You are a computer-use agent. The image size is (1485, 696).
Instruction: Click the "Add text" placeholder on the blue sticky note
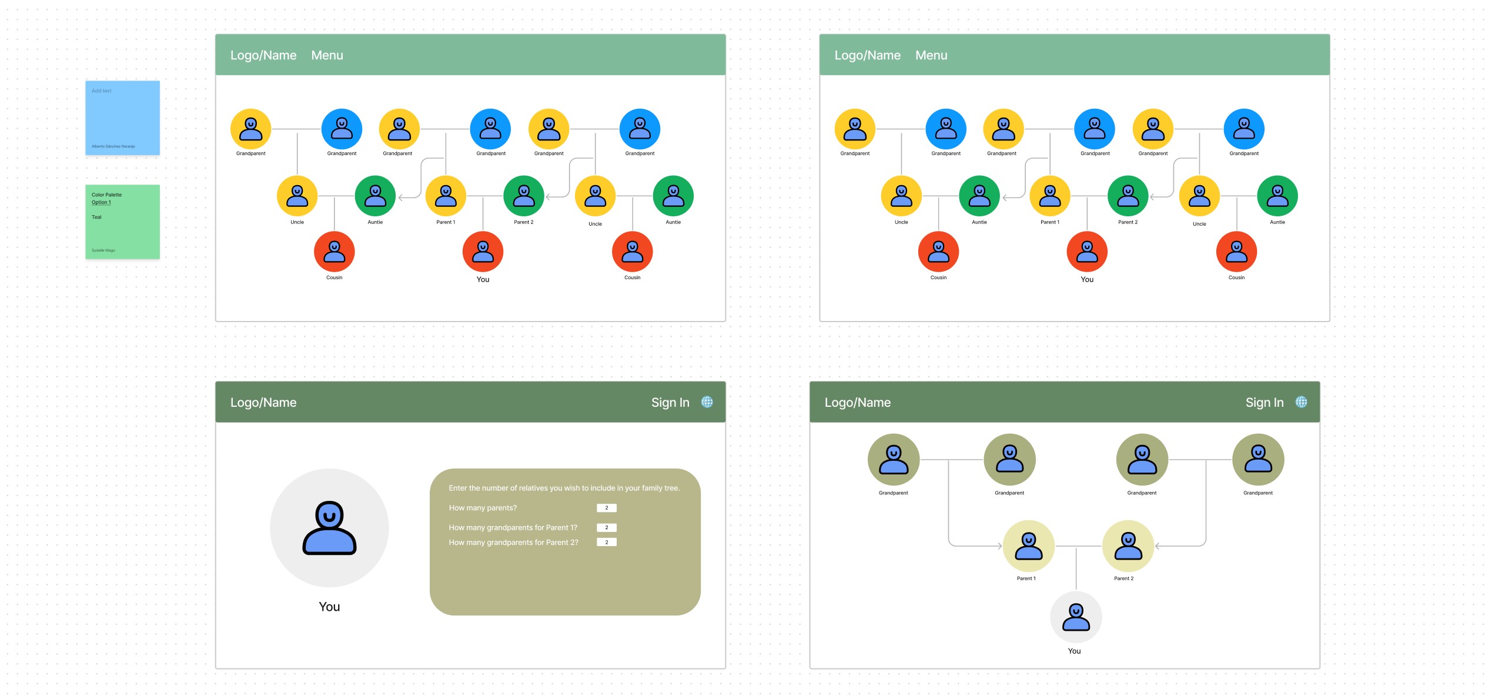coord(102,91)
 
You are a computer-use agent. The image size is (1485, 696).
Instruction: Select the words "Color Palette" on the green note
coord(106,195)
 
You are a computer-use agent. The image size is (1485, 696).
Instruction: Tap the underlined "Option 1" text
coord(101,202)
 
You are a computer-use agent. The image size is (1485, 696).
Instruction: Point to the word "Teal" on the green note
coord(96,217)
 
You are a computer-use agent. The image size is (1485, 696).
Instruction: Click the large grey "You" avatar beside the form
coord(329,527)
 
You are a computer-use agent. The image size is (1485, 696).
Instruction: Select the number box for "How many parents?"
coord(606,508)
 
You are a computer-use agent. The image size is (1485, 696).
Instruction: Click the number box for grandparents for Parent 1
coord(606,527)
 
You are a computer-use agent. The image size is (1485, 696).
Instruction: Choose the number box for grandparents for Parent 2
coord(606,542)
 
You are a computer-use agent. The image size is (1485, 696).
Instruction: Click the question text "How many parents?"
coord(483,508)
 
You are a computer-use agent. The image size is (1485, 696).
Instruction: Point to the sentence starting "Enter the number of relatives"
coord(564,488)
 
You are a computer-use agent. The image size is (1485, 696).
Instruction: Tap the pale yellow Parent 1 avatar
coord(1028,546)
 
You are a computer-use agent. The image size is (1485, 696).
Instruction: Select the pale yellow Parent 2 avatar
coord(1128,546)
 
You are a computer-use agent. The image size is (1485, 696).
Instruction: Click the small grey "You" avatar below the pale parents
coord(1076,617)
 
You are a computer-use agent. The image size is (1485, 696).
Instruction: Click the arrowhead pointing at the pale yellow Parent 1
coord(999,546)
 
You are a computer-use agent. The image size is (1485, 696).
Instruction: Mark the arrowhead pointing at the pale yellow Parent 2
coord(1158,546)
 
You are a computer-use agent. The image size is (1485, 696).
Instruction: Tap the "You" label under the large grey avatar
coord(329,607)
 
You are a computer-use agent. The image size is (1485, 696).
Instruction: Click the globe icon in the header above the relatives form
coord(707,402)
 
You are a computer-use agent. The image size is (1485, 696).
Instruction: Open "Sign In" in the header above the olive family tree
coord(1264,403)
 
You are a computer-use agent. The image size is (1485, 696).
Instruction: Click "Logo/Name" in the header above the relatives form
coord(263,403)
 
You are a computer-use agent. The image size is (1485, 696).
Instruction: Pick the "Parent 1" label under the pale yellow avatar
coord(1026,578)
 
